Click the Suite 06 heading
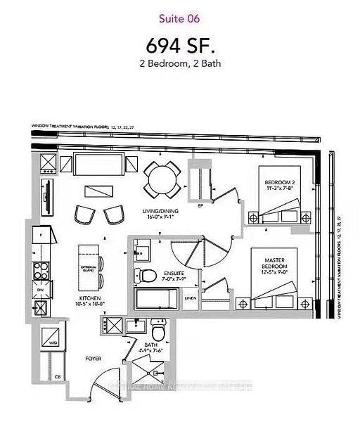(179, 17)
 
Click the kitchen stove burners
(40, 270)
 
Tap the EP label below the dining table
(200, 207)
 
